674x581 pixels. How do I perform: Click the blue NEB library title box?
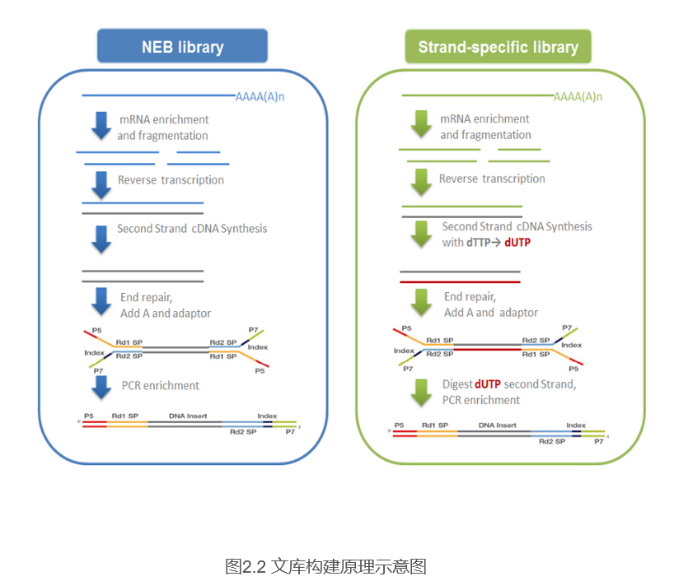pyautogui.click(x=182, y=47)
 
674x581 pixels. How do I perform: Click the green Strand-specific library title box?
pyautogui.click(x=498, y=47)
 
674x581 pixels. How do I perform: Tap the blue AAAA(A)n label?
pyautogui.click(x=260, y=96)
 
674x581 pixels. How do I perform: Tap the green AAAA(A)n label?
pyautogui.click(x=578, y=97)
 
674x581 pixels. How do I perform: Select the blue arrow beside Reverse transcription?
pyautogui.click(x=101, y=184)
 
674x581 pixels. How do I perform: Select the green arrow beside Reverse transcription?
pyautogui.click(x=421, y=182)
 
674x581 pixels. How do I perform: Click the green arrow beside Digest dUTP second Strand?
pyautogui.click(x=421, y=392)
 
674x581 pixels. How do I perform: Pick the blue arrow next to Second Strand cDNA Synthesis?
pyautogui.click(x=101, y=238)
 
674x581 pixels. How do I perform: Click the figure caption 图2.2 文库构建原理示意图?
pyautogui.click(x=325, y=566)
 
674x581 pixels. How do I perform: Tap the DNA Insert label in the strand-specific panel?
pyautogui.click(x=497, y=425)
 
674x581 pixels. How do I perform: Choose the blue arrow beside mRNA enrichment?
pyautogui.click(x=101, y=126)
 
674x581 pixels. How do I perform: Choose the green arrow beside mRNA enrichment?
pyautogui.click(x=421, y=125)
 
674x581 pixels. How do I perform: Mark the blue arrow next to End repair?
pyautogui.click(x=101, y=301)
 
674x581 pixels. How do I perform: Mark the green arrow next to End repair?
pyautogui.click(x=421, y=302)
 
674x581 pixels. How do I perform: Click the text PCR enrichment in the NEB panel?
pyautogui.click(x=160, y=385)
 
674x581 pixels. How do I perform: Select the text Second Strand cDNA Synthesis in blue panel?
pyautogui.click(x=192, y=229)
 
